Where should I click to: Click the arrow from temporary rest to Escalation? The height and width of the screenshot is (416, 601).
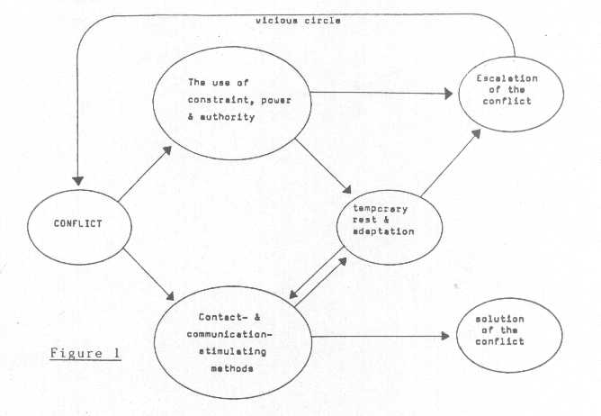coord(447,163)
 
